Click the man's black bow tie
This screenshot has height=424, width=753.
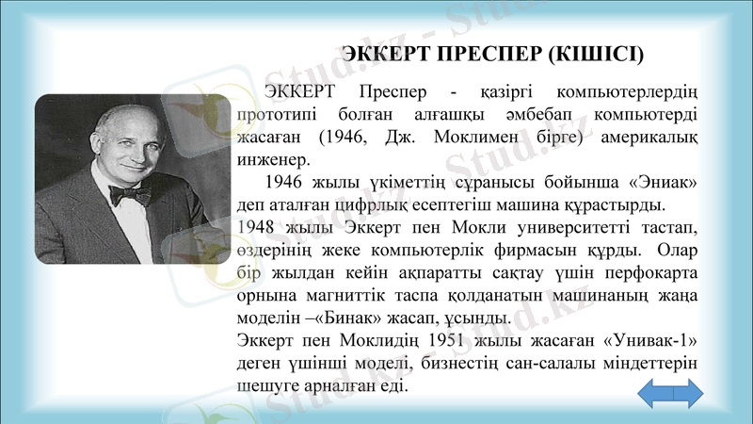coord(128,195)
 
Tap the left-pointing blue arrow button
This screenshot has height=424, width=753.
coord(657,393)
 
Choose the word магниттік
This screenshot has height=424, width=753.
coord(358,295)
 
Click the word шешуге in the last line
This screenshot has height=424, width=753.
coord(267,385)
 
